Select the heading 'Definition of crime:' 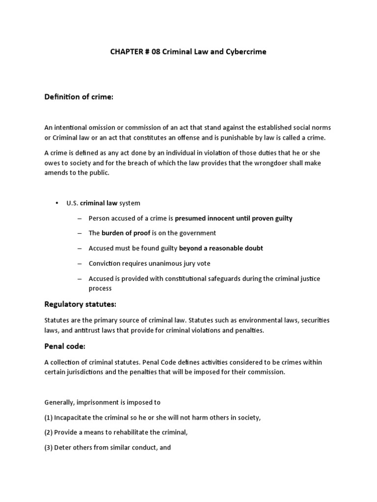tap(79, 98)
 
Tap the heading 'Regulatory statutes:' tap(81, 304)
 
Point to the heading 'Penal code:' tap(65, 347)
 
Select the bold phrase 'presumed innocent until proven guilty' tap(233, 218)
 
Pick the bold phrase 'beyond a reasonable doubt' tap(221, 248)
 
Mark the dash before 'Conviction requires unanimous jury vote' tap(80, 263)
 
